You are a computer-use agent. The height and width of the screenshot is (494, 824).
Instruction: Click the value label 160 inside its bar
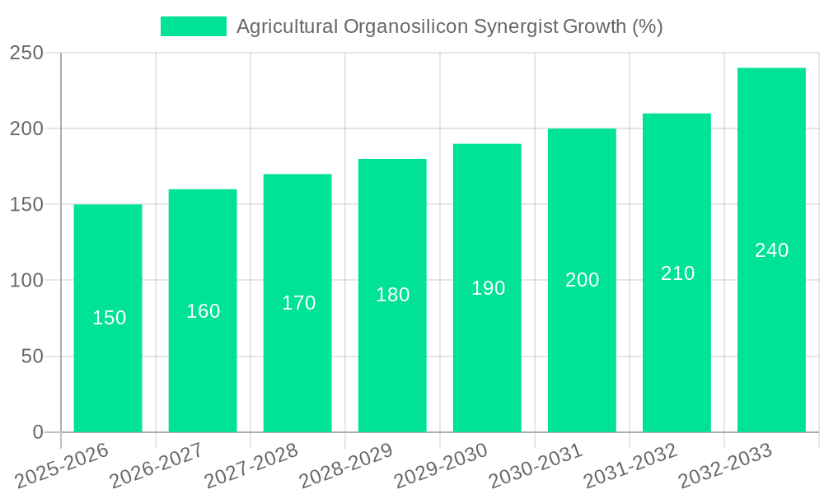pyautogui.click(x=203, y=311)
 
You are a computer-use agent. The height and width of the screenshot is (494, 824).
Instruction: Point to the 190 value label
pyautogui.click(x=488, y=288)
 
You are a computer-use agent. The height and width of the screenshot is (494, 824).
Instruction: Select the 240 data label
pyautogui.click(x=771, y=250)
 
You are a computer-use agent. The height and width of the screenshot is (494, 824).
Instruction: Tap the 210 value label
pyautogui.click(x=677, y=273)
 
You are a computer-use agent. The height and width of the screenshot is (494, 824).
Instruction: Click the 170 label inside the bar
pyautogui.click(x=298, y=303)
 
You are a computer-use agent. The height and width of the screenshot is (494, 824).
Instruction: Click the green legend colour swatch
pyautogui.click(x=193, y=26)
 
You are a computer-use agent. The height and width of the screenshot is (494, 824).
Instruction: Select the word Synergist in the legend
pyautogui.click(x=517, y=26)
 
